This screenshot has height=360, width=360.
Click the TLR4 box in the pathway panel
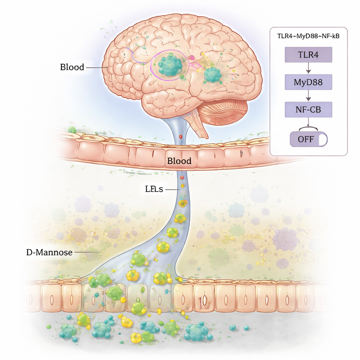pyautogui.click(x=308, y=55)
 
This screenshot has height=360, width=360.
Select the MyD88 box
pyautogui.click(x=308, y=83)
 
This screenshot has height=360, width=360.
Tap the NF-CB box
pyautogui.click(x=308, y=110)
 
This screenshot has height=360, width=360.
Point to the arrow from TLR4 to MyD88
pyautogui.click(x=308, y=69)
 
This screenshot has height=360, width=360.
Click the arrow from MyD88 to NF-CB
pyautogui.click(x=308, y=96)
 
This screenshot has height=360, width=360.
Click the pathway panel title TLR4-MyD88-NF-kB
pyautogui.click(x=308, y=36)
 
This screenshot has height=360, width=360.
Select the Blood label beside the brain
pyautogui.click(x=72, y=67)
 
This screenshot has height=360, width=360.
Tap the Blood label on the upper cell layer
pyautogui.click(x=179, y=161)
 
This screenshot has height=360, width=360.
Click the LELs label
pyautogui.click(x=154, y=189)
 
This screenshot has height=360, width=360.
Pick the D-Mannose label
pyautogui.click(x=49, y=252)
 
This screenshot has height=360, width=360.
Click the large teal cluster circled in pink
pyautogui.click(x=171, y=64)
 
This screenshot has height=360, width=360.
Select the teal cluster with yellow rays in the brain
pyautogui.click(x=213, y=75)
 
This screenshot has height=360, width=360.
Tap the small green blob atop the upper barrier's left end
pyautogui.click(x=72, y=130)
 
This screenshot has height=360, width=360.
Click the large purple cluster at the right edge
pyautogui.click(x=286, y=239)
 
